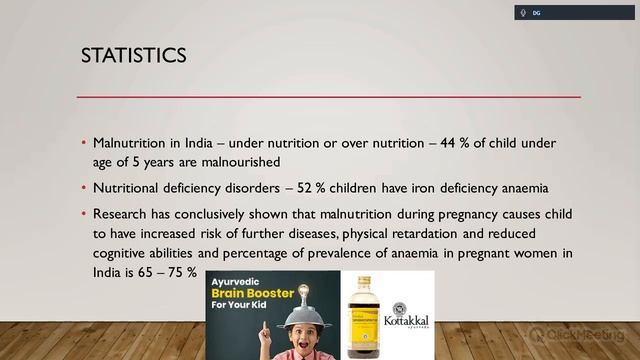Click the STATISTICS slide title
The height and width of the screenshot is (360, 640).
(133, 56)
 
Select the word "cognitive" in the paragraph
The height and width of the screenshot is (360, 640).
(123, 253)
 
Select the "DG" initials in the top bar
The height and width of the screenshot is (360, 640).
(537, 13)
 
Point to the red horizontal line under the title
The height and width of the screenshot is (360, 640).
(330, 97)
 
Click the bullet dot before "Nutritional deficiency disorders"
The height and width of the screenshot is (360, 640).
(84, 188)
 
